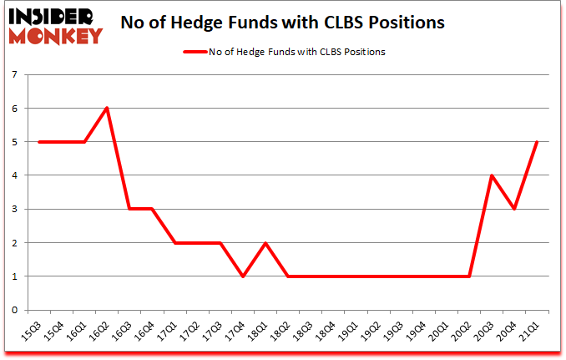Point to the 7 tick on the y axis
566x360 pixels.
tap(16, 75)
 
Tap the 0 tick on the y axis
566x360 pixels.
tap(16, 310)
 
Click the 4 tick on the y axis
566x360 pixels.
tap(16, 175)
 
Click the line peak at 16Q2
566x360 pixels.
tap(107, 108)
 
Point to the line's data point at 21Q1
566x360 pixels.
tap(537, 142)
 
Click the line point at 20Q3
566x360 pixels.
tap(492, 175)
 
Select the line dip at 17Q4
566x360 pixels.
tap(242, 276)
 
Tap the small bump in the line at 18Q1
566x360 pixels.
tap(265, 242)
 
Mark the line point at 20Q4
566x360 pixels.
tap(514, 209)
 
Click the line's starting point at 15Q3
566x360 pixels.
tap(39, 142)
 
